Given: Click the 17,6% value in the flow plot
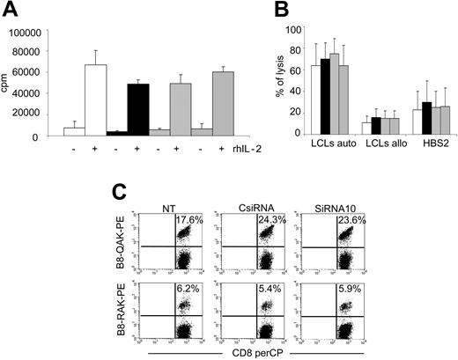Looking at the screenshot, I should click(184, 218).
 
